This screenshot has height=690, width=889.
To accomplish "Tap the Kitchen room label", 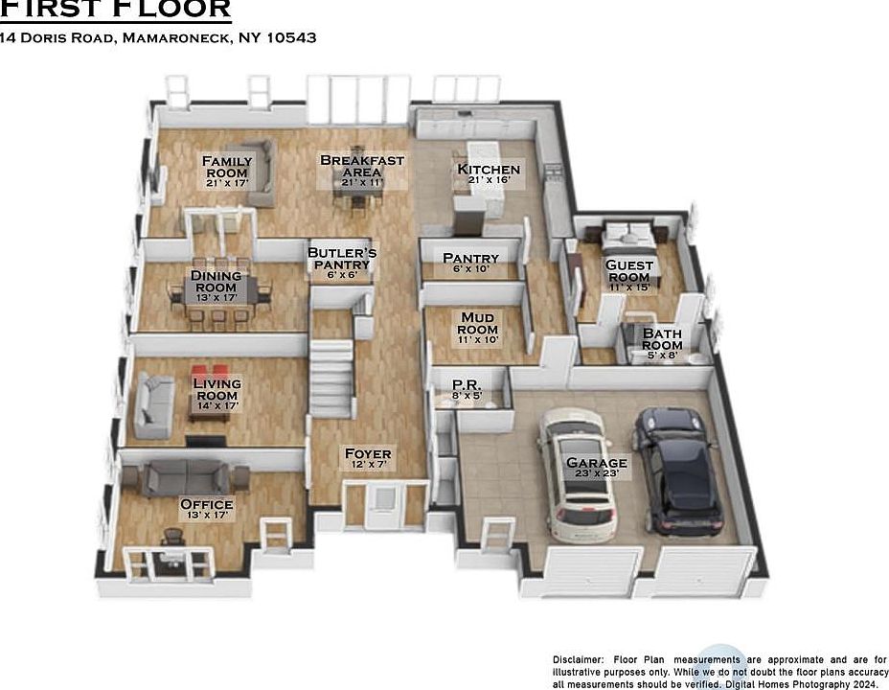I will [x=489, y=170].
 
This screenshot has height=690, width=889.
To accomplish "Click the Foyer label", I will [x=368, y=453].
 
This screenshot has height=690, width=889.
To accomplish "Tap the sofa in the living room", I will [x=152, y=405].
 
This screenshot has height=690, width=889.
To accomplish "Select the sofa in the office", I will [x=186, y=475].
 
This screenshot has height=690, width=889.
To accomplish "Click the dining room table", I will [x=218, y=292].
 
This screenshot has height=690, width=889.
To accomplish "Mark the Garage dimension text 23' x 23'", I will [x=596, y=473].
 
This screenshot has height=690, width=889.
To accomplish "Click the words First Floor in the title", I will [x=115, y=10].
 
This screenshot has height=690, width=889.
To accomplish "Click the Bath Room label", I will [x=662, y=339].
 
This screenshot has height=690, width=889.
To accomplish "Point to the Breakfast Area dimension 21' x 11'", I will [x=361, y=183].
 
